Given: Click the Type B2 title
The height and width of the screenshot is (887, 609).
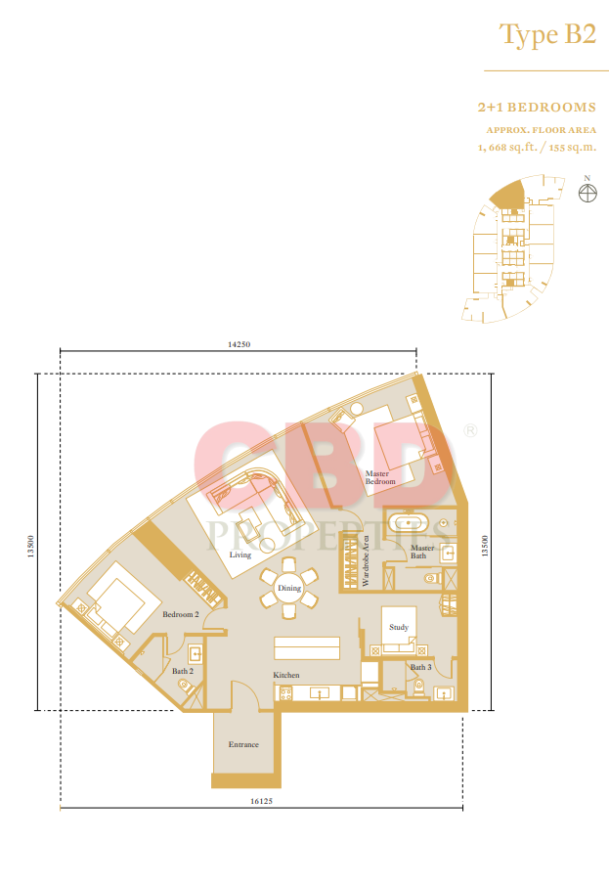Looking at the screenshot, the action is tap(547, 35).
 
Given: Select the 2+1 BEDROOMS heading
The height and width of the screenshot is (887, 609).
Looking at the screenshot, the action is tap(537, 108).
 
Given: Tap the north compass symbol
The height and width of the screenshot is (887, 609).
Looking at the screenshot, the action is tap(587, 193).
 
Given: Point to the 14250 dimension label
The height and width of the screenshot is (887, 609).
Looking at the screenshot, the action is tap(239, 344).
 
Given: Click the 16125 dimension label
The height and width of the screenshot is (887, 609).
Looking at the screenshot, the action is tap(261, 801).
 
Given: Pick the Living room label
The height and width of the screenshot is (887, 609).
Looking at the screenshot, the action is tap(240, 554).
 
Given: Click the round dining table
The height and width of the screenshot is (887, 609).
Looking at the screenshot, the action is tap(289, 589).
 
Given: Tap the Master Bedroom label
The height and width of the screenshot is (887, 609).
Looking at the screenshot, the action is tap(380, 477).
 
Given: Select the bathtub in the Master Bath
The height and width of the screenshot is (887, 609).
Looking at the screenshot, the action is tap(409, 522).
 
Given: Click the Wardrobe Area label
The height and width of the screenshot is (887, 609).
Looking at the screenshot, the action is tap(366, 560).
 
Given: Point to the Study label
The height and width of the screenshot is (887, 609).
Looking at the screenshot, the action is tap(399, 627).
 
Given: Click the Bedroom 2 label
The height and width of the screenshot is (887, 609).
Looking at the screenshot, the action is tap(181, 614).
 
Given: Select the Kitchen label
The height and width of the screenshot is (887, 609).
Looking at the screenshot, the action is tap(286, 675).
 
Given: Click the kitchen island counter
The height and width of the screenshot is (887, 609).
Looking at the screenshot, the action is tap(307, 648).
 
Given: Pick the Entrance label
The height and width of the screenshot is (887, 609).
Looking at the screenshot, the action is tap(243, 744).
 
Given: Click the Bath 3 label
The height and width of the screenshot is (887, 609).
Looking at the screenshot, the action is tap(420, 667).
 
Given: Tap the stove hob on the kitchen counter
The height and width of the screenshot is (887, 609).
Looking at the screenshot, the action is tap(285, 693).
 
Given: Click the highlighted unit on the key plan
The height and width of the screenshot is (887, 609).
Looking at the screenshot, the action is tap(508, 194).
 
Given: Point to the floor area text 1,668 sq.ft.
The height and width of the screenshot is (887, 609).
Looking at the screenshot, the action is tap(507, 148).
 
